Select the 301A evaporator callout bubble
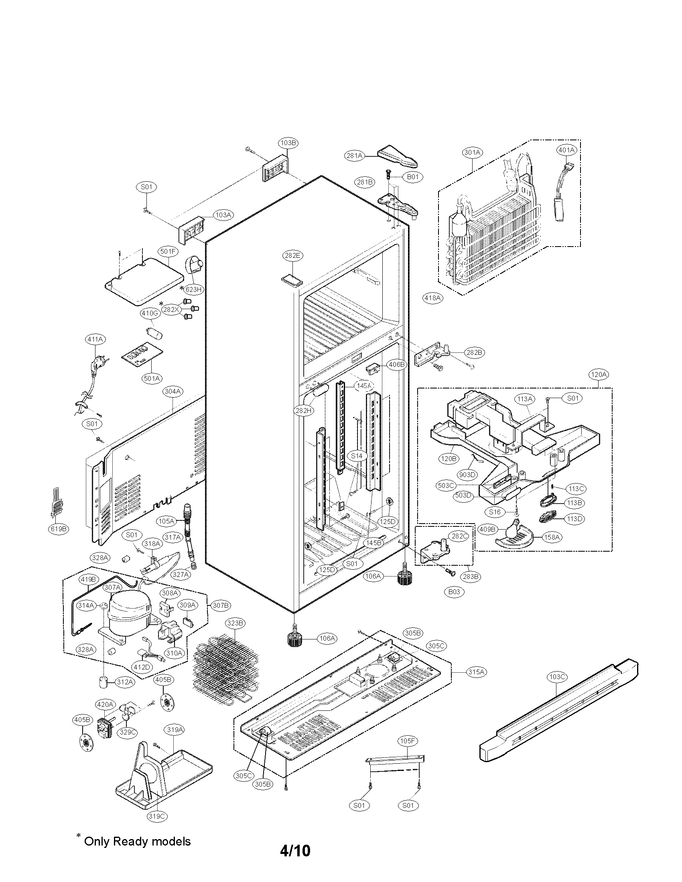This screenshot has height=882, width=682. pyautogui.click(x=472, y=152)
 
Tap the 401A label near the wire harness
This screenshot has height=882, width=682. pyautogui.click(x=566, y=150)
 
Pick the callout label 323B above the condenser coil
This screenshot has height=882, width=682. pyautogui.click(x=235, y=623)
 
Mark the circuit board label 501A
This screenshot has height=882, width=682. pyautogui.click(x=152, y=378)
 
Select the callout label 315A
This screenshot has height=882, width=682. pyautogui.click(x=476, y=672)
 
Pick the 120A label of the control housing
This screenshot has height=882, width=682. pyautogui.click(x=599, y=374)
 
